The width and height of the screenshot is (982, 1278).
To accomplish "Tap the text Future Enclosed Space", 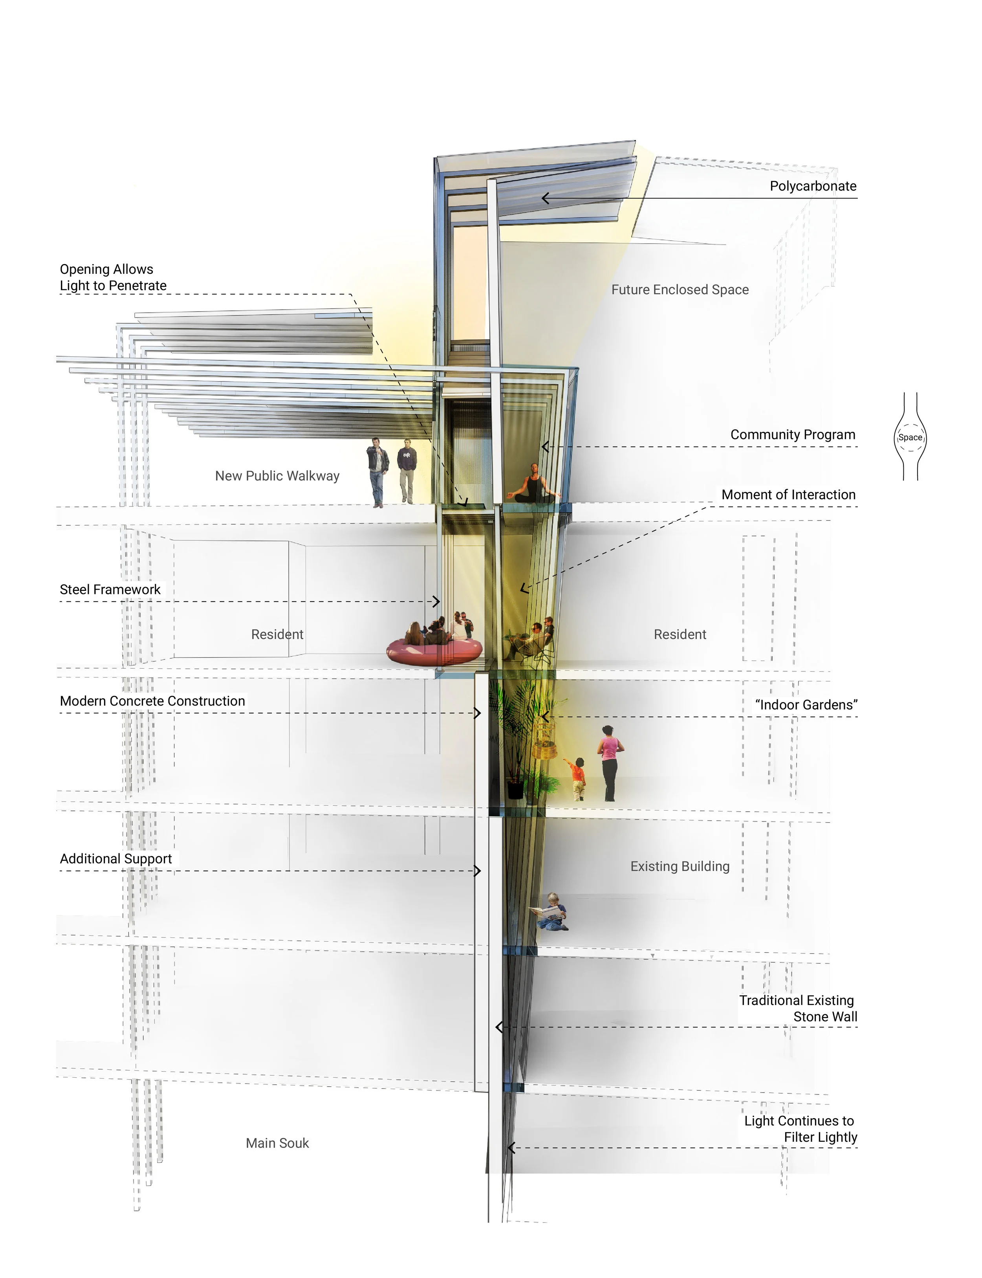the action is tap(680, 290).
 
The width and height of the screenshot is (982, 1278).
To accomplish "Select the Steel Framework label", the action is tap(110, 589).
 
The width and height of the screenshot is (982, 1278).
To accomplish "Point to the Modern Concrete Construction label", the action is tap(152, 701).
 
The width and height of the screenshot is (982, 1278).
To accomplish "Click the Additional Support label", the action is tap(116, 858).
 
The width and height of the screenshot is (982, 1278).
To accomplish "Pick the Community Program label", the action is tap(793, 435).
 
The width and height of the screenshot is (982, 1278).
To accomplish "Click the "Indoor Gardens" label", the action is tap(806, 704).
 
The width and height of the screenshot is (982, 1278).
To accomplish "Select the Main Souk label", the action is tap(277, 1143).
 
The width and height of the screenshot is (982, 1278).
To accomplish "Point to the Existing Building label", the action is tap(680, 866).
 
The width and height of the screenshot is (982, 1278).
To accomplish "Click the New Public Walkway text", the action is tap(277, 476).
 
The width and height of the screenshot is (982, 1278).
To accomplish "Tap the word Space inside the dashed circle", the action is tap(910, 437).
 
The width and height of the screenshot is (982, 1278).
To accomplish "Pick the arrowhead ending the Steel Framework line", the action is tap(437, 601).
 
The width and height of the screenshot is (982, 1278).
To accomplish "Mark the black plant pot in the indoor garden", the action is tap(515, 789).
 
